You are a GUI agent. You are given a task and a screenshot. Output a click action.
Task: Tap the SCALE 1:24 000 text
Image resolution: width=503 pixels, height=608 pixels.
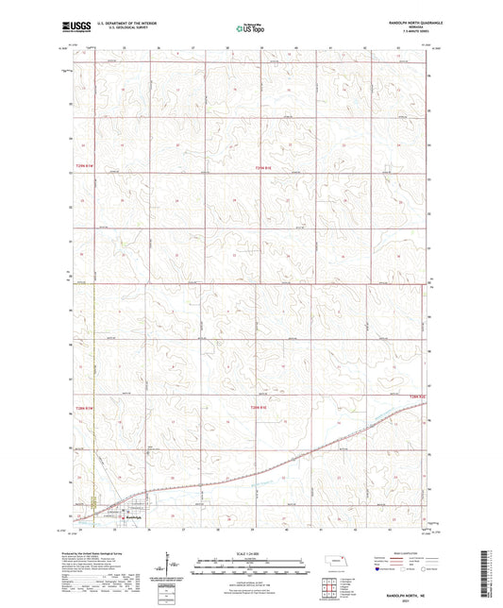click(251, 552)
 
